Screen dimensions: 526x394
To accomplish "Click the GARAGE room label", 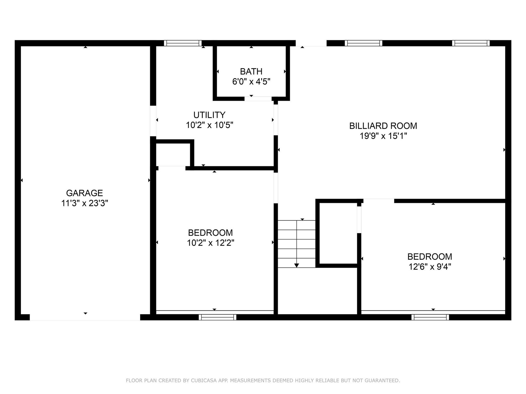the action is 84,193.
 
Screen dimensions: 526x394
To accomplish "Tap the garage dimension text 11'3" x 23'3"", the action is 85,203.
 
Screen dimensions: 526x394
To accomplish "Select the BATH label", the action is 251,71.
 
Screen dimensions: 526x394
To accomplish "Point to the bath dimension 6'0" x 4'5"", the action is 251,82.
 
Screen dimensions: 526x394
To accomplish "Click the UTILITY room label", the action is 210,115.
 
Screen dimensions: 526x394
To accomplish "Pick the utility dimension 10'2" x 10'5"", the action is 210,125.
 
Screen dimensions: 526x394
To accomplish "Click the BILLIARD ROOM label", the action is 383,126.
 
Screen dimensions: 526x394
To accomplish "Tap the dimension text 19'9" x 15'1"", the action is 383,136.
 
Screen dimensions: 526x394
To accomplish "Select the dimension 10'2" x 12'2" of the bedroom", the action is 210,243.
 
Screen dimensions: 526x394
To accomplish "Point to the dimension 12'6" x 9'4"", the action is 430,266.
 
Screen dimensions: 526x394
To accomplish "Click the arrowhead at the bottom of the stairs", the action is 296,265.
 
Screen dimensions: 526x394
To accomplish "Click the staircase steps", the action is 297,244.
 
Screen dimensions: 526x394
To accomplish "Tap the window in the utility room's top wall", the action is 183,43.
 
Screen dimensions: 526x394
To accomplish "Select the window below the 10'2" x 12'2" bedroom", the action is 218,317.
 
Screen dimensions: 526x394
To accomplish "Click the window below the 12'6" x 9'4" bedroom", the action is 430,317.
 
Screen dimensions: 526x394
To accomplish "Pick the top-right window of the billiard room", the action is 471,43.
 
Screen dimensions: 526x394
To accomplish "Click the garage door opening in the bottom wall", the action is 85,317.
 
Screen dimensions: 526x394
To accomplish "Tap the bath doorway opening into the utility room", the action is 258,99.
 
